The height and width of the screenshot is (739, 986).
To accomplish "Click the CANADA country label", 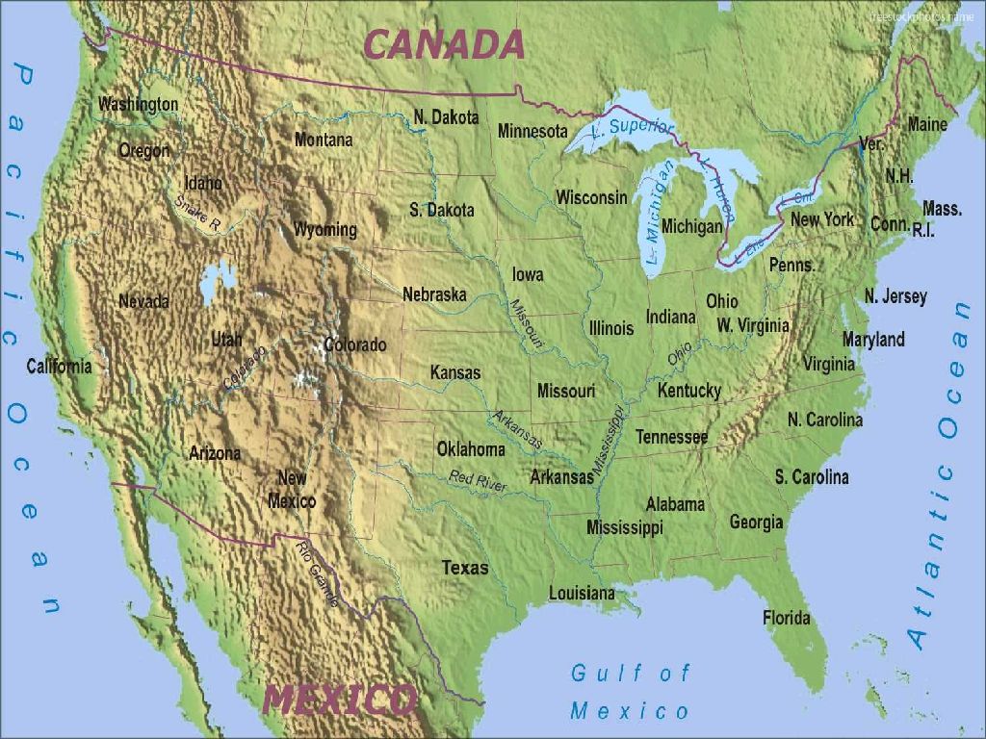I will [444, 44].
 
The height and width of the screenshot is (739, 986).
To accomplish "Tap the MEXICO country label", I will [340, 700].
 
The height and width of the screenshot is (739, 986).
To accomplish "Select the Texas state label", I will [465, 568].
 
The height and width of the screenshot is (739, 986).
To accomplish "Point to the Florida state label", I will [787, 618].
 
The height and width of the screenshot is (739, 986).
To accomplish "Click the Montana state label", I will [324, 140].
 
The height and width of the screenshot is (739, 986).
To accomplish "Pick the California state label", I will [60, 366].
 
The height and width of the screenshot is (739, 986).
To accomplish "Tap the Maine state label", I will [927, 124].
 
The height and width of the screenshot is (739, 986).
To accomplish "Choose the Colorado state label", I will [355, 344].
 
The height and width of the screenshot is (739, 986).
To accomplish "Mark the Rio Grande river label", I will [318, 573].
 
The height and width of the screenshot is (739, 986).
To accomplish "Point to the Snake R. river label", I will [197, 214].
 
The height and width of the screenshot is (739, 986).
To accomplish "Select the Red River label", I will [478, 481].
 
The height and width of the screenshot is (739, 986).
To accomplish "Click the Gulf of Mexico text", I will [631, 692].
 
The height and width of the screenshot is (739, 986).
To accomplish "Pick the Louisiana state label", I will [582, 593].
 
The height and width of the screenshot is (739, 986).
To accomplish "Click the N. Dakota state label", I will [446, 117].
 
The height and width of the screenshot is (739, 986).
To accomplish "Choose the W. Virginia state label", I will [752, 325].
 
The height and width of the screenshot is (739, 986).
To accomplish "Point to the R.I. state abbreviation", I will [923, 230].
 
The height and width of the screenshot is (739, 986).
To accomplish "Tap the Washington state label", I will [138, 103].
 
